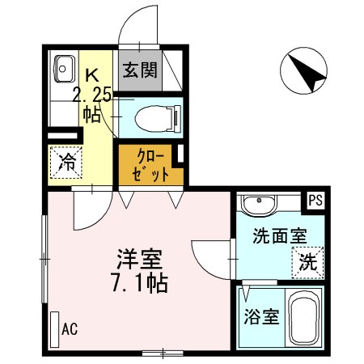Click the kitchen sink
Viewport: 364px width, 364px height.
tap(62, 70)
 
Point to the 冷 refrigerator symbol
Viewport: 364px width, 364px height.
tap(66, 161)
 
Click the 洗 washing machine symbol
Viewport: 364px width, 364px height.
tap(307, 260)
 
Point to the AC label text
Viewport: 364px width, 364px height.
tap(69, 330)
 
